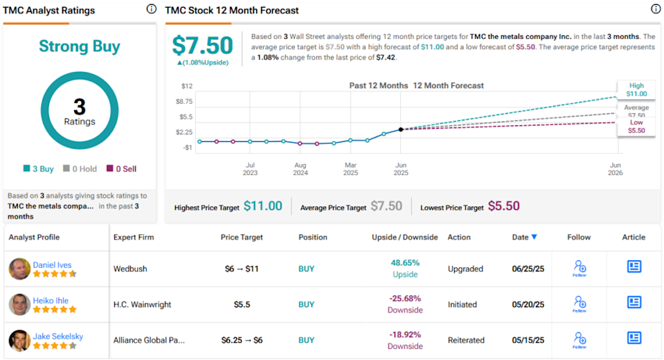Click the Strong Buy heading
(79, 47)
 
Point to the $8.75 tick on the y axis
(185, 101)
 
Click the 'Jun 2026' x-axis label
(615, 169)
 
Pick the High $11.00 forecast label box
(636, 90)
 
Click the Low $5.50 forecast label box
(636, 126)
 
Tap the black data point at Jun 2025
(401, 129)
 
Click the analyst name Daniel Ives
(52, 265)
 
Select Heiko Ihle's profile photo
(19, 305)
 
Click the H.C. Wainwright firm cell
(143, 305)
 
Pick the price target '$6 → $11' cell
(242, 269)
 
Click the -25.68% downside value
(405, 299)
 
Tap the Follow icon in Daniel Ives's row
(580, 268)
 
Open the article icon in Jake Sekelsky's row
(634, 338)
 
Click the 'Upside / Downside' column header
(404, 237)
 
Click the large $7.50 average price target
(202, 46)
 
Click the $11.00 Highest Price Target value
(263, 206)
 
